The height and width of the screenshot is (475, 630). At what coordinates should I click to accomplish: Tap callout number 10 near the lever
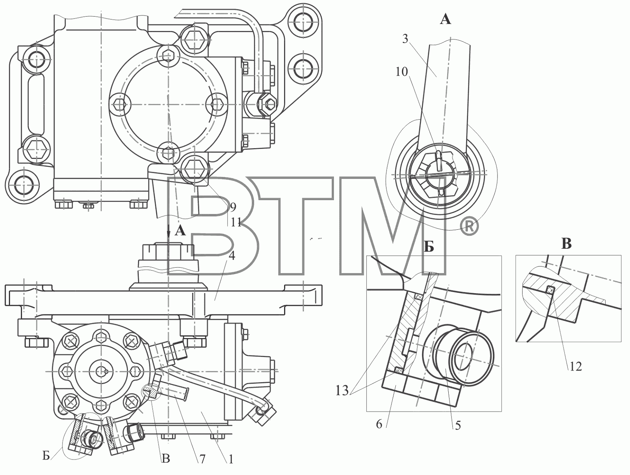[402, 72]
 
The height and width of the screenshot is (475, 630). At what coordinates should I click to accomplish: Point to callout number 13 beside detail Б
[342, 391]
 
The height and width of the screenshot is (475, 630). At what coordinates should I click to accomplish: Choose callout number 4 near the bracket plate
[232, 256]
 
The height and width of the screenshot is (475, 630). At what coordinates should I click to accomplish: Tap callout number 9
[233, 207]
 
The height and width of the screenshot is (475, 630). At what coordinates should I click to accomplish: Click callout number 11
[236, 222]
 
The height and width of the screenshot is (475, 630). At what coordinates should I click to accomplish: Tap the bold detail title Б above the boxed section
[429, 247]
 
